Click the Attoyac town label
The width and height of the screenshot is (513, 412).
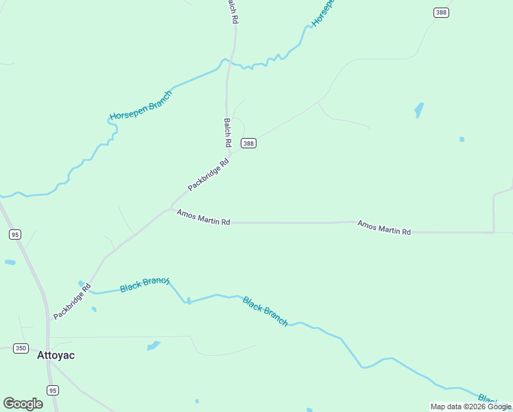point(56,356)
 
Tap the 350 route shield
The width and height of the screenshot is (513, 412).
point(21,348)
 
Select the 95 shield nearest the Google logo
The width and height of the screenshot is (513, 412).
point(53,390)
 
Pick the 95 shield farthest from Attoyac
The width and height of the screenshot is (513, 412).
point(15,234)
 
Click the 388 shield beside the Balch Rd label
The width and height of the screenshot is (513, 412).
point(248,143)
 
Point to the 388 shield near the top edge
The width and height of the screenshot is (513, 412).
point(441,12)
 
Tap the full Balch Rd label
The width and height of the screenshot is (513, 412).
point(227,133)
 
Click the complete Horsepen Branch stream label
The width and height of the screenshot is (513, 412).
point(141,106)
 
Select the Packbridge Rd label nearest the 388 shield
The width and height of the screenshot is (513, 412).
point(208,175)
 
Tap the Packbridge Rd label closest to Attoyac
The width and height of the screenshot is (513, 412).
point(72,302)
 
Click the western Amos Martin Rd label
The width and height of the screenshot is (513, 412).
point(203,217)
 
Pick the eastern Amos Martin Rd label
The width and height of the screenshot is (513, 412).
point(383,228)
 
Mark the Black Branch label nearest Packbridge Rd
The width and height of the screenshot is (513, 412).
point(145,284)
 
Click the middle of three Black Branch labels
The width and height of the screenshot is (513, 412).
point(265,311)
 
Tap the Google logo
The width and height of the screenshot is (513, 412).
point(23,404)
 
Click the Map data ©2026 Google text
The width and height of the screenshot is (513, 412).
point(470,407)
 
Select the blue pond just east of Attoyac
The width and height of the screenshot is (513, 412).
point(154,345)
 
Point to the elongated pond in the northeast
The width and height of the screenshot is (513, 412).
point(419,110)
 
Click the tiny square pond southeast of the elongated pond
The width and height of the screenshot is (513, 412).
point(462,139)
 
